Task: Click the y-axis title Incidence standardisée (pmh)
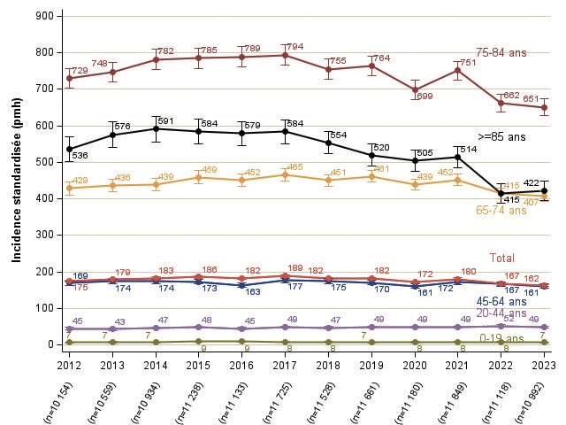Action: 16,181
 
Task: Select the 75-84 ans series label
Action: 501,53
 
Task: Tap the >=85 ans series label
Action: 501,137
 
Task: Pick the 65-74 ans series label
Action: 501,211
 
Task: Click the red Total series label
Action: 502,258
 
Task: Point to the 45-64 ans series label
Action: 501,302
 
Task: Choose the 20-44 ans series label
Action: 501,313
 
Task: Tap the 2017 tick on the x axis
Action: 285,364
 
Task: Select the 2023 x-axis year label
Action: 545,364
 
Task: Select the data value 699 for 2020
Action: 424,97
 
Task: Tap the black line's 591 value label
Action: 165,121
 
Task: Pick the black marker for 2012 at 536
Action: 70,149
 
